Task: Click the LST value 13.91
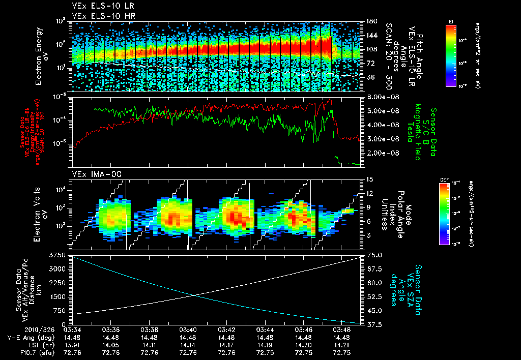[72, 344]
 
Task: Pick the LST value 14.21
[342, 344]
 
